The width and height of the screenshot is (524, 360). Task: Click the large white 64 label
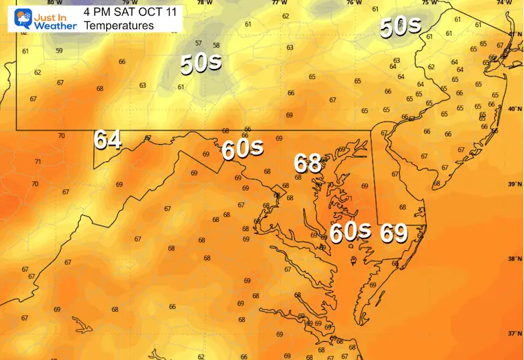point(108,139)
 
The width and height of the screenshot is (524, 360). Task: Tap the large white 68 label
point(308,163)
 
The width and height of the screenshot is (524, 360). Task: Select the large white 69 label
point(394,233)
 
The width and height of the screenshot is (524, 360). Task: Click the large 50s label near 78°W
point(201,63)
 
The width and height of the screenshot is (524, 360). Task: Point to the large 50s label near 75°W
point(400,27)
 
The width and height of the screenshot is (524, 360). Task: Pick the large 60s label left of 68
point(243,149)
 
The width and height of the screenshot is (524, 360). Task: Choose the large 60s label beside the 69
point(350,232)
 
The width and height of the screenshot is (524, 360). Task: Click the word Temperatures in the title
point(119,26)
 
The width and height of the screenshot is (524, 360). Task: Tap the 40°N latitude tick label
point(513,108)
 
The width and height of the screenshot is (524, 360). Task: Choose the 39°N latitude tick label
point(513,184)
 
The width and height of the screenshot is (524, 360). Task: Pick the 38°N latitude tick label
point(513,259)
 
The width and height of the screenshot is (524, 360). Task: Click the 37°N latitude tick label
point(513,333)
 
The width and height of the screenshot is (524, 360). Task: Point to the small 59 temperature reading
point(59,50)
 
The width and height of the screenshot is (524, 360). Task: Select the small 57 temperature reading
point(199,43)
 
